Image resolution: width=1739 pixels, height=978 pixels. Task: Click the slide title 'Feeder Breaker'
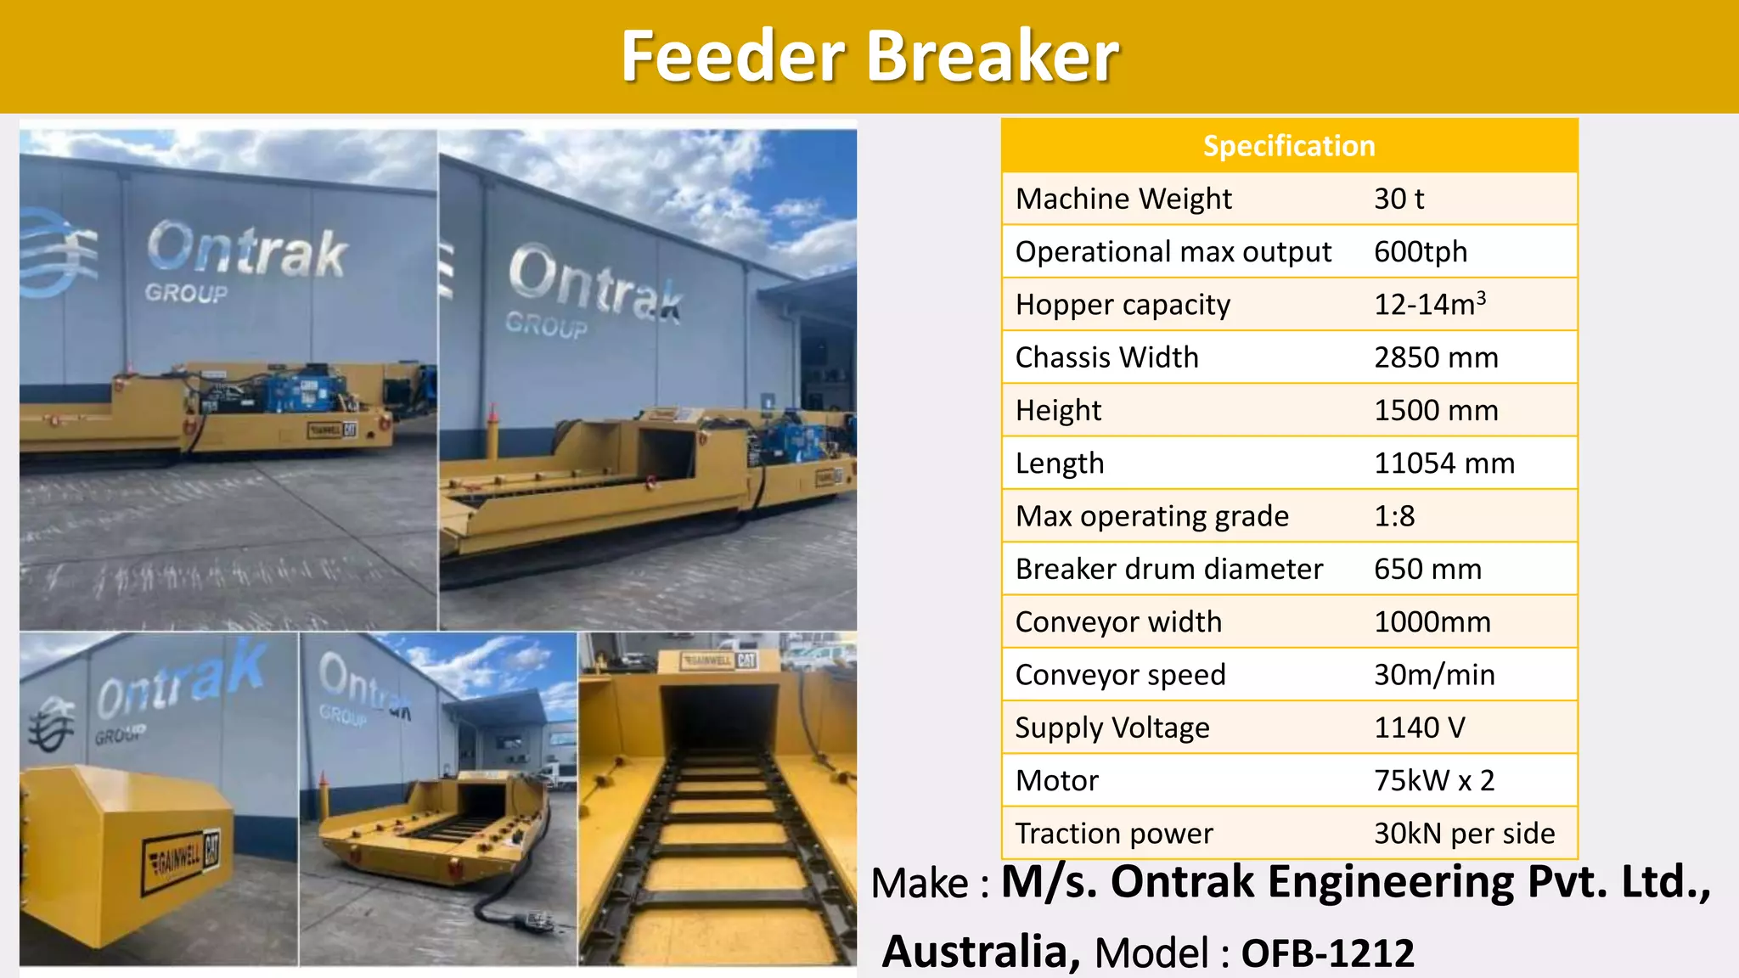click(869, 56)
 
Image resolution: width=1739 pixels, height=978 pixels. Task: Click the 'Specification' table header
click(1289, 146)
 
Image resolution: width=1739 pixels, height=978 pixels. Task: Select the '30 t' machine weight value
click(1399, 199)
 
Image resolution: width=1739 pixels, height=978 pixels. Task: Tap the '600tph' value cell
click(1421, 252)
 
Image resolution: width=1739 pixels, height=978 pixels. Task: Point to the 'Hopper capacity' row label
click(1123, 305)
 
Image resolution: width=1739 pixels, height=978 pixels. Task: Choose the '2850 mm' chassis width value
click(1436, 357)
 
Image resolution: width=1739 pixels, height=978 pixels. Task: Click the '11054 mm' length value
click(1444, 464)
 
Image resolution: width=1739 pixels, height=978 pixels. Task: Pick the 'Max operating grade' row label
click(1151, 516)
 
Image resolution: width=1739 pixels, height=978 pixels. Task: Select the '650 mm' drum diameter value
click(1427, 569)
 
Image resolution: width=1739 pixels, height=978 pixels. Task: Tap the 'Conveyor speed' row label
click(1120, 675)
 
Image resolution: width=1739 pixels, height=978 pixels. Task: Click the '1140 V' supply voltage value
click(1420, 728)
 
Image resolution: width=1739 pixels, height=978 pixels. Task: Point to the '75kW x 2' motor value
click(1434, 780)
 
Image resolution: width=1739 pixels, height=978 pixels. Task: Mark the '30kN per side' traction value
click(1464, 834)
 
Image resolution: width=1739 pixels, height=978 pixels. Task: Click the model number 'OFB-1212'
click(1327, 953)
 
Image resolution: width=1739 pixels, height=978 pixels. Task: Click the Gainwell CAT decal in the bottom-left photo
click(181, 860)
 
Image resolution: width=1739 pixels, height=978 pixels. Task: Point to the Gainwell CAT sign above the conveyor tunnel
click(719, 660)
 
